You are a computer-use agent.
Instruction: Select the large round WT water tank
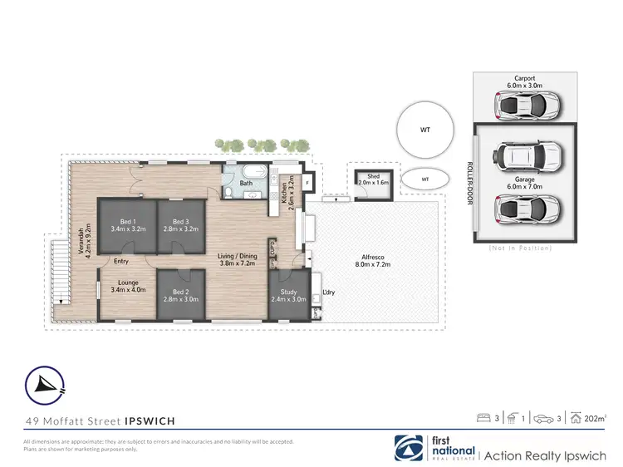(425, 129)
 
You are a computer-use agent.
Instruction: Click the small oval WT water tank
(424, 179)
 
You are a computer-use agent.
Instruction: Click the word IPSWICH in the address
(149, 421)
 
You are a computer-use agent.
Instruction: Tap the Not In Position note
(522, 248)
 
